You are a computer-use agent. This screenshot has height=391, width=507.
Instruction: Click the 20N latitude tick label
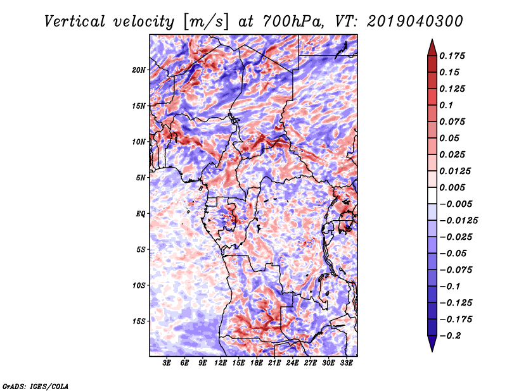[x=139, y=70]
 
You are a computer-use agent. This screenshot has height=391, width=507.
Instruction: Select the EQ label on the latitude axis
[x=141, y=214]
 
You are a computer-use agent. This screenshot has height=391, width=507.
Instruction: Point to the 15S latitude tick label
[x=139, y=321]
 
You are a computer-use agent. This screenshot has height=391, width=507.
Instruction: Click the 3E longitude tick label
[x=167, y=363]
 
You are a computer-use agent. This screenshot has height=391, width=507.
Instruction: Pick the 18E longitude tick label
[x=257, y=363]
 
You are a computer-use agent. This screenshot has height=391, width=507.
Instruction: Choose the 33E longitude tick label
[x=346, y=363]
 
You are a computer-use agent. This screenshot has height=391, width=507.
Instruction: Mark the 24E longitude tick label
[x=292, y=363]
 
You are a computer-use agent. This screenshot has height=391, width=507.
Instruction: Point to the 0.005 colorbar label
[x=454, y=188]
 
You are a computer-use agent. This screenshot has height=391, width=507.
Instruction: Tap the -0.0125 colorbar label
[x=459, y=221]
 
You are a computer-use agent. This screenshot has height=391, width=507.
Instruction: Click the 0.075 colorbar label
[x=454, y=122]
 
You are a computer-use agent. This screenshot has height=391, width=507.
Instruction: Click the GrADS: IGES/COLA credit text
[x=34, y=385]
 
